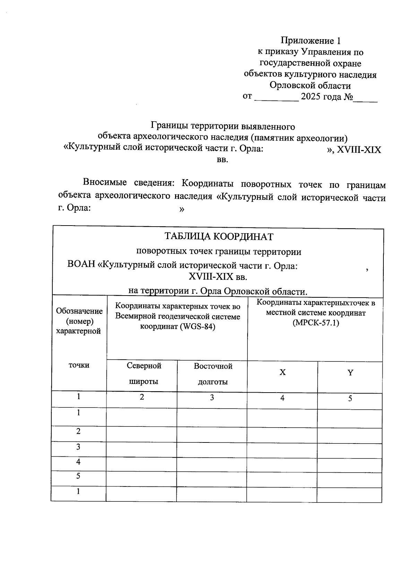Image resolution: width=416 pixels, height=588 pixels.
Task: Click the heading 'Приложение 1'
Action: click(310, 41)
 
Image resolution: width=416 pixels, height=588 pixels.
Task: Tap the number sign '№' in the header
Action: click(348, 97)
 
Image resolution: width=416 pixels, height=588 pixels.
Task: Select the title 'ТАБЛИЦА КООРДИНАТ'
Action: click(218, 237)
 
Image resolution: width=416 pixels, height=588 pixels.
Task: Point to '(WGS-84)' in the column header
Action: click(197, 327)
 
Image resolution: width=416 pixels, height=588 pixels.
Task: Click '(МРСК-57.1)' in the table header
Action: click(315, 323)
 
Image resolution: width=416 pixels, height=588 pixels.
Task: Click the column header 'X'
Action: click(283, 372)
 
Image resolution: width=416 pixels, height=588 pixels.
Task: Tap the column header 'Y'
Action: click(350, 373)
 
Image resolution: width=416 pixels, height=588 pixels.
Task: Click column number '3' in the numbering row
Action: click(212, 398)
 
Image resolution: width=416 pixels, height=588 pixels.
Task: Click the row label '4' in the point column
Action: click(78, 462)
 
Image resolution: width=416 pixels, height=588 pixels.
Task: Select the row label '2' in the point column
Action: click(78, 431)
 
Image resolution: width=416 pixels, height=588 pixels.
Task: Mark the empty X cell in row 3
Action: click(282, 450)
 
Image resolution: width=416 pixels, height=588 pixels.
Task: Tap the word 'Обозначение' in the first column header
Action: click(79, 311)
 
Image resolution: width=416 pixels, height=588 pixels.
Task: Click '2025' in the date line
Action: click(310, 97)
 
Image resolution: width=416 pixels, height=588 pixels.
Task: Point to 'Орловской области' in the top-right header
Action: click(310, 86)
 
